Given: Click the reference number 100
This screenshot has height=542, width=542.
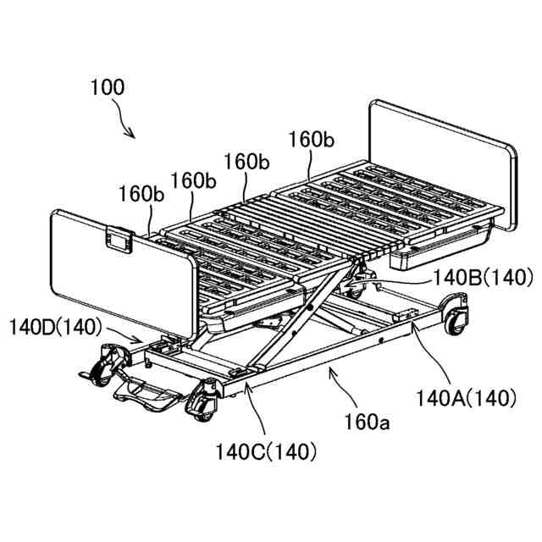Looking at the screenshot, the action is (x=108, y=87).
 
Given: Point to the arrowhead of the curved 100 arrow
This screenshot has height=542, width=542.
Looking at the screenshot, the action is (x=131, y=134).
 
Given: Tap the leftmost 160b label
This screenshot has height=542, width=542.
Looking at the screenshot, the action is (x=141, y=194).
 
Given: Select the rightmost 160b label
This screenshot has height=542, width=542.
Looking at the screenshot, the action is (x=312, y=140).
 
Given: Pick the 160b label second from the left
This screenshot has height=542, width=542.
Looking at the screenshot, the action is (x=194, y=180).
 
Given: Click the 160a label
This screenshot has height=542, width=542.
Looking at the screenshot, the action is (x=368, y=422).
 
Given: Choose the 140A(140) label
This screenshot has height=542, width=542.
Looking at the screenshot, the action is (x=467, y=398).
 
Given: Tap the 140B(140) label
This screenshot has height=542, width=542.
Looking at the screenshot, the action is (x=483, y=278).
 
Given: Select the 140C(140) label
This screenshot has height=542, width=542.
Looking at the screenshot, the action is (x=266, y=451).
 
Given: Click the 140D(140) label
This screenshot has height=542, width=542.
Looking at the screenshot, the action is (x=55, y=327).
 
